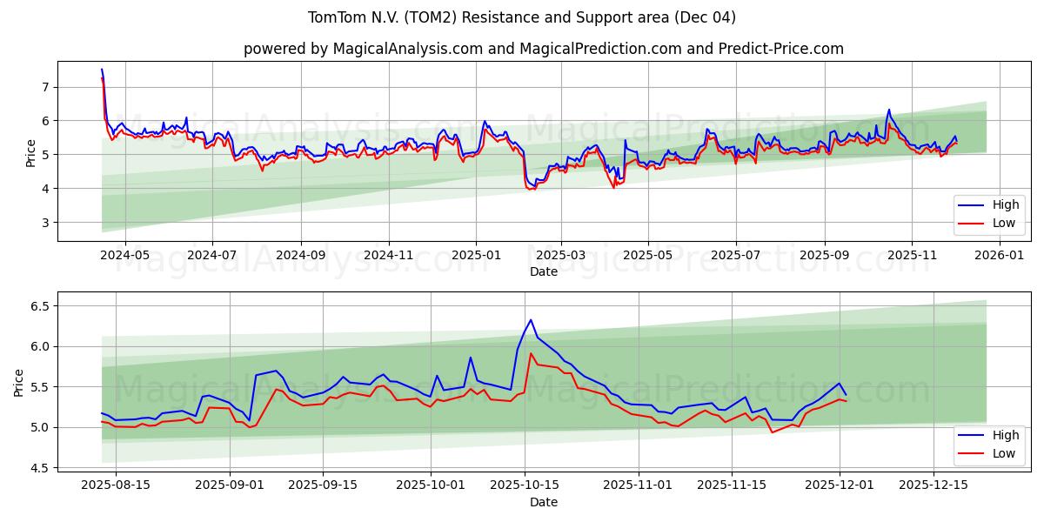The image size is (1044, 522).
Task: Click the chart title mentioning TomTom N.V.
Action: pyautogui.click(x=522, y=17)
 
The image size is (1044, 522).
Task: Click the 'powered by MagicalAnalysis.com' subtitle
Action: pyautogui.click(x=543, y=49)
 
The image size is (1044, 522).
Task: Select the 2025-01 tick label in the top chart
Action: pyautogui.click(x=476, y=256)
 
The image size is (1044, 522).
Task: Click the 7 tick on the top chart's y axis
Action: pyautogui.click(x=44, y=86)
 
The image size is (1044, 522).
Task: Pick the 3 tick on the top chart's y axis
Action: pyautogui.click(x=44, y=223)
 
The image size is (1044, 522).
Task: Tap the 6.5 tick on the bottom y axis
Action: pyautogui.click(x=38, y=306)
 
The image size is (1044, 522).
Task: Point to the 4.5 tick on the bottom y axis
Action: pyautogui.click(x=38, y=468)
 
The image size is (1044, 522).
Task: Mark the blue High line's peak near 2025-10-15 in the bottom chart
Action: pyautogui.click(x=531, y=319)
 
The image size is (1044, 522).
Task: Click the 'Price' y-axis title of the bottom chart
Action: pyautogui.click(x=19, y=382)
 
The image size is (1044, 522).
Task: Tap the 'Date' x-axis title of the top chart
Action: pyautogui.click(x=543, y=271)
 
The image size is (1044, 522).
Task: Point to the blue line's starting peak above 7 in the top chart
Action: pyautogui.click(x=102, y=70)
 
